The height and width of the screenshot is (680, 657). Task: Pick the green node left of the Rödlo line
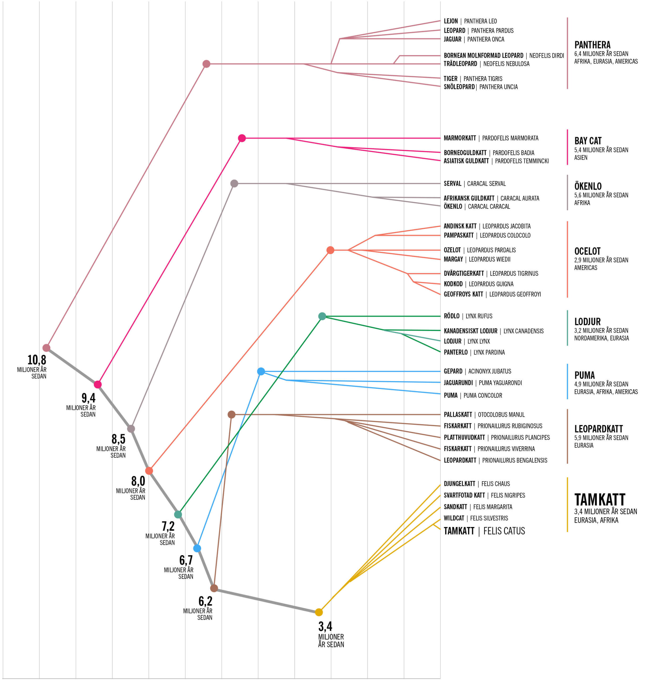(x=322, y=316)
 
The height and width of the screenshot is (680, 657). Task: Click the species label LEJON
(x=451, y=21)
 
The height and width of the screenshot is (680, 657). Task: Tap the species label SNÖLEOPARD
(x=459, y=87)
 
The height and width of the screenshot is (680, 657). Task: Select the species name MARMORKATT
(x=460, y=138)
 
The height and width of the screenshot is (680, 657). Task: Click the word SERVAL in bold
(x=452, y=184)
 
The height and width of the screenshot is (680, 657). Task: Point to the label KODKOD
(x=453, y=284)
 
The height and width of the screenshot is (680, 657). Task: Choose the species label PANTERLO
(x=455, y=352)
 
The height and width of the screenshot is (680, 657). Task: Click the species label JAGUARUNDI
(x=458, y=383)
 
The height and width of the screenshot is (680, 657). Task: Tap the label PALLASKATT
(x=458, y=415)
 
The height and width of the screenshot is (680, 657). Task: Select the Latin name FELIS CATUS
(x=504, y=531)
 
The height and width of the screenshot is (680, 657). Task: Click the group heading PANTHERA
(x=592, y=45)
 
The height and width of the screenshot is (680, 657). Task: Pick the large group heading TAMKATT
(x=599, y=500)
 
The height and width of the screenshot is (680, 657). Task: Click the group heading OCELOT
(x=587, y=251)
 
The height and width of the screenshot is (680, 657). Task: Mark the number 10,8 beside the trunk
(x=37, y=359)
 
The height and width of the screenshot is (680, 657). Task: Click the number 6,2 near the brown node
(x=205, y=601)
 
